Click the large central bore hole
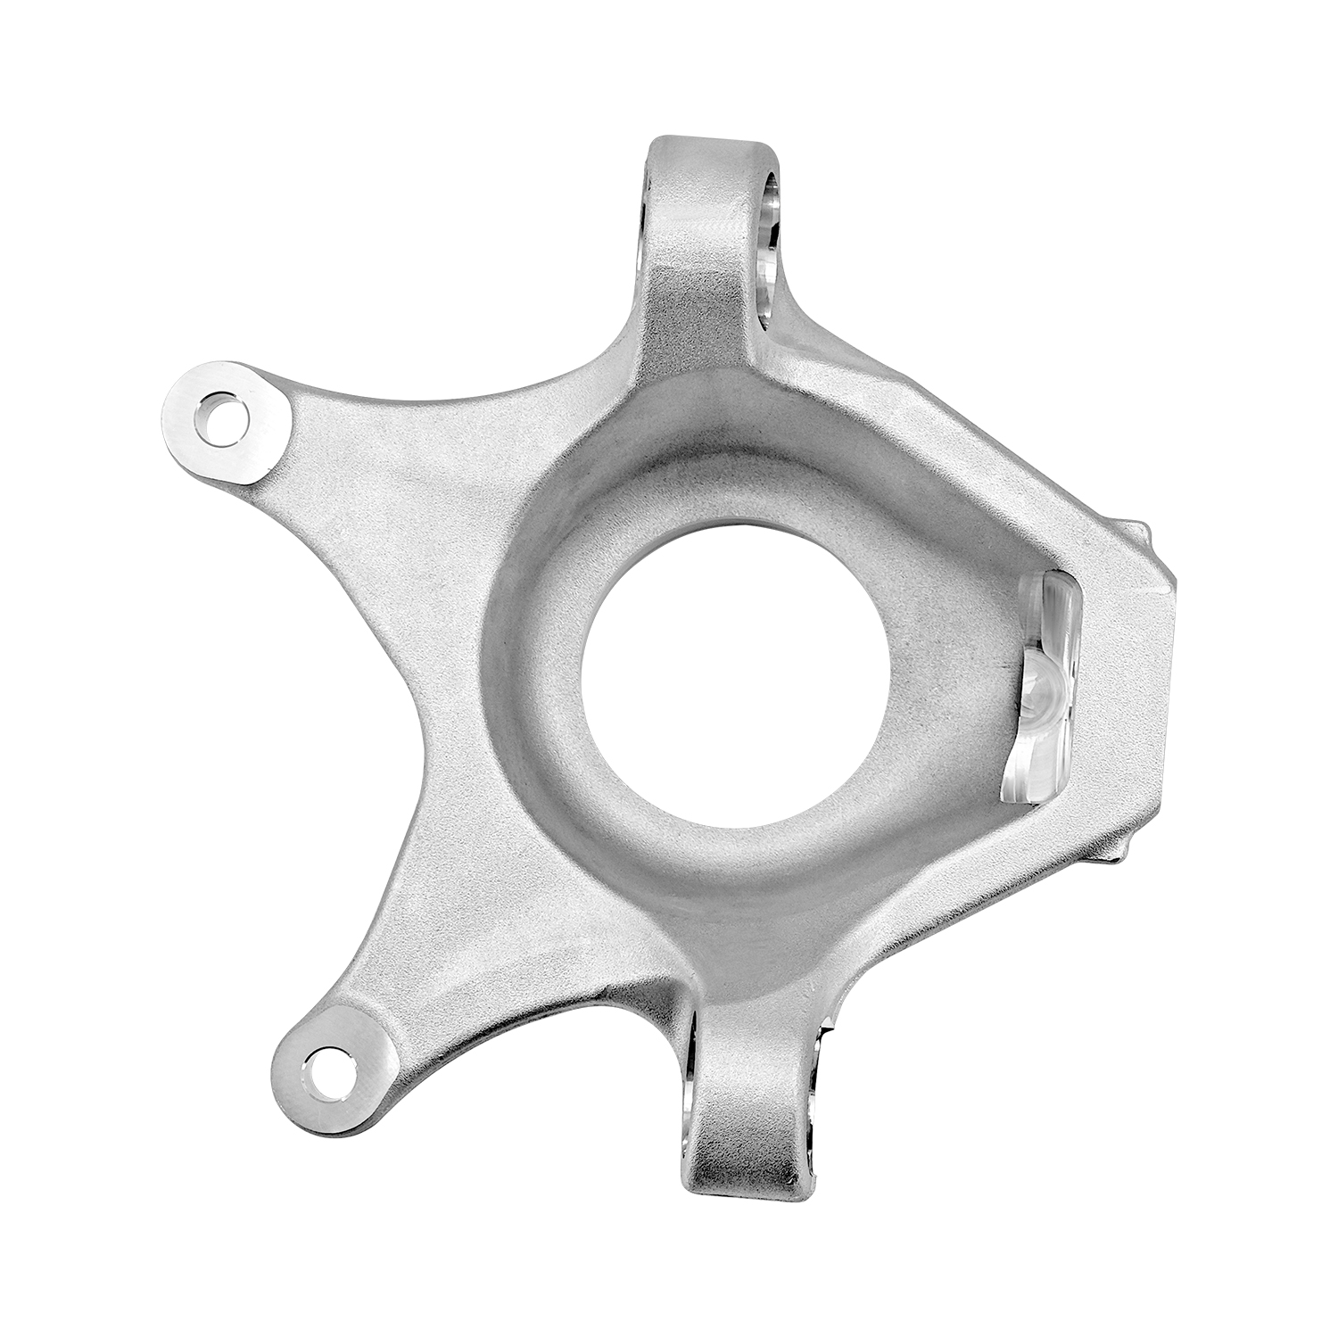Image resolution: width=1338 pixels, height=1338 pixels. tap(734, 669)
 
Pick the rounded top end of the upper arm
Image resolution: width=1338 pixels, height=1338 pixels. tap(709, 152)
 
